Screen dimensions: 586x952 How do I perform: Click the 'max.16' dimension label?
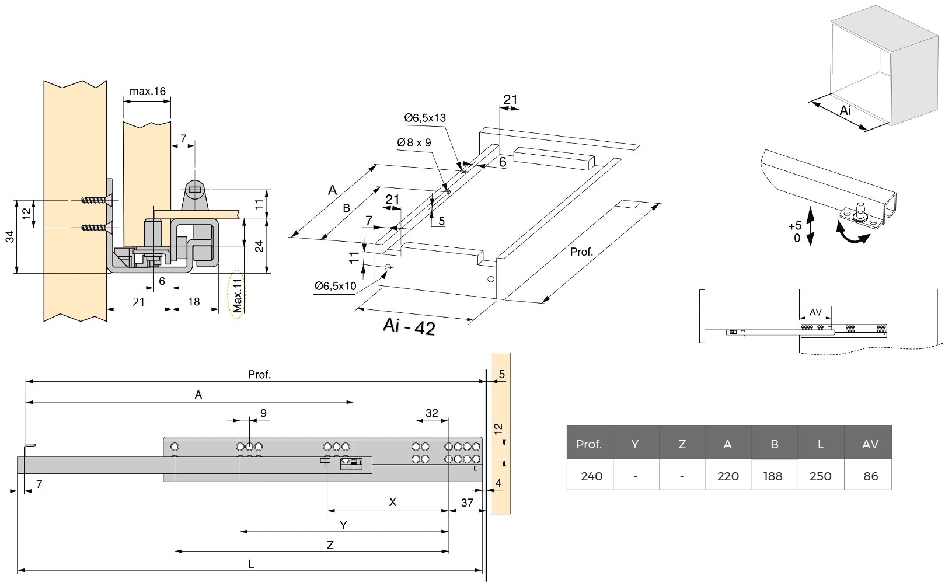(x=147, y=91)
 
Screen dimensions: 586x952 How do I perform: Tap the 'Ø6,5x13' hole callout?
(x=424, y=118)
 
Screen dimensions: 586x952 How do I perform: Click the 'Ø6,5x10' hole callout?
(x=335, y=286)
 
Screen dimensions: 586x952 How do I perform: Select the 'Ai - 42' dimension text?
(x=409, y=327)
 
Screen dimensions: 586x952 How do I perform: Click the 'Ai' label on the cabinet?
(x=845, y=110)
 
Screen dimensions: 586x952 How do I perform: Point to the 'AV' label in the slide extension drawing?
(x=815, y=312)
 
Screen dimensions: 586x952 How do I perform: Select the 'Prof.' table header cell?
(x=589, y=444)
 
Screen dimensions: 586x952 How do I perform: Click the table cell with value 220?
(x=728, y=476)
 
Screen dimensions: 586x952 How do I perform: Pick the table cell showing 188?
(x=774, y=476)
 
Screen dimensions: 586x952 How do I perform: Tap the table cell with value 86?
(x=870, y=476)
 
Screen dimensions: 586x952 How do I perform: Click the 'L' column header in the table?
(x=820, y=444)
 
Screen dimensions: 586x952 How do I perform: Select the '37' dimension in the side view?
(x=466, y=503)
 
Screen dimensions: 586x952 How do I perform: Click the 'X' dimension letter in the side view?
(x=393, y=502)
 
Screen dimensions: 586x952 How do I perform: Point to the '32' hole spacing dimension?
(x=431, y=413)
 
